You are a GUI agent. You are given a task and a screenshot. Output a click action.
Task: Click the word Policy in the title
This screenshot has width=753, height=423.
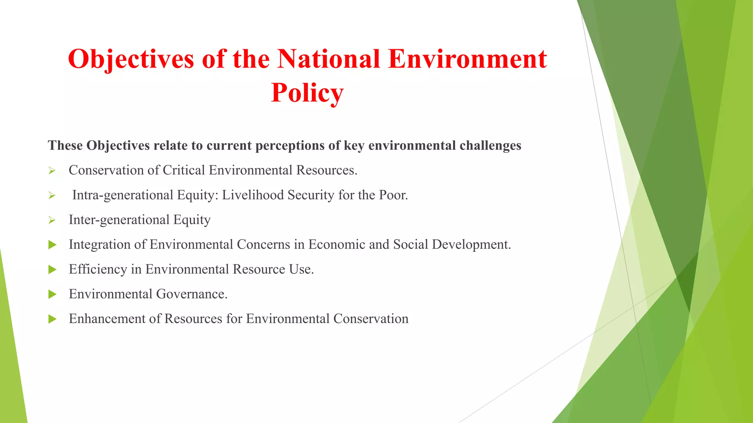307,93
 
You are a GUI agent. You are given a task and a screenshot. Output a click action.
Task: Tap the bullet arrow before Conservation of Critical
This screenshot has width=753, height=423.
52,171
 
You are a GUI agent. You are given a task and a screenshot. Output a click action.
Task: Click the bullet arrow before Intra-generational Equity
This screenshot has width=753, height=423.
52,195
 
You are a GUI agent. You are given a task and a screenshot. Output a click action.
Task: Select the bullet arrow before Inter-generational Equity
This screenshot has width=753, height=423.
52,220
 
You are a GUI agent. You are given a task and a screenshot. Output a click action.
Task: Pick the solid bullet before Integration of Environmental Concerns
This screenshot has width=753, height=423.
52,245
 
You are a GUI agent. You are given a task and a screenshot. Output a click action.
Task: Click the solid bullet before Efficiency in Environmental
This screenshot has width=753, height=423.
52,270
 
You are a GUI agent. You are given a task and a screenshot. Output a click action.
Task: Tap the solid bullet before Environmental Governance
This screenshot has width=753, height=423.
52,294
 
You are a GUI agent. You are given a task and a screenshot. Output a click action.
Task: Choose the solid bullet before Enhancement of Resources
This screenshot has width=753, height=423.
52,319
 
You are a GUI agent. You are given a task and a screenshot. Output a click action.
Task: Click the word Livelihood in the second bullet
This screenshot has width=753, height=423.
253,195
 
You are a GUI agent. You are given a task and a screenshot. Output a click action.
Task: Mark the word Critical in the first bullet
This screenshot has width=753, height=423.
183,170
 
